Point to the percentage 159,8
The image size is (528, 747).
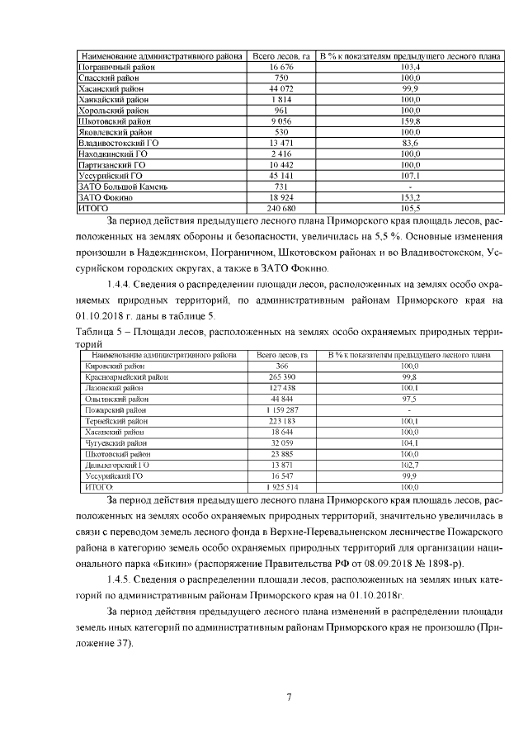tap(410, 121)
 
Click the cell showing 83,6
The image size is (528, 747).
tap(410, 143)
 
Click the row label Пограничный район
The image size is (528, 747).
tap(115, 65)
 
